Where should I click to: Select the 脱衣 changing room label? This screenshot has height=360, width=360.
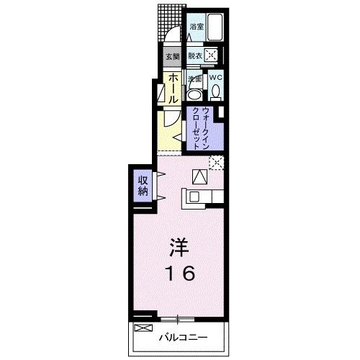pyautogui.click(x=194, y=55)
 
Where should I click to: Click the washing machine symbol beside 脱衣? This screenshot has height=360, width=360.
pyautogui.click(x=211, y=55)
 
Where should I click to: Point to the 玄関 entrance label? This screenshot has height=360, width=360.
pyautogui.click(x=173, y=55)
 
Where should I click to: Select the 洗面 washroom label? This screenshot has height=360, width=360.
pyautogui.click(x=194, y=78)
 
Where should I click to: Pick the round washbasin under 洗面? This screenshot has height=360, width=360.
pyautogui.click(x=194, y=94)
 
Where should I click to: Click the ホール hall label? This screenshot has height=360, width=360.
pyautogui.click(x=174, y=86)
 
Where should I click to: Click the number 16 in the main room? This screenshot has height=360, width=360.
pyautogui.click(x=179, y=274)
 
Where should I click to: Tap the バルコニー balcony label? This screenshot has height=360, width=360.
pyautogui.click(x=186, y=336)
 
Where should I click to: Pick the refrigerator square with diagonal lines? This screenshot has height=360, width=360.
pyautogui.click(x=199, y=174)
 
